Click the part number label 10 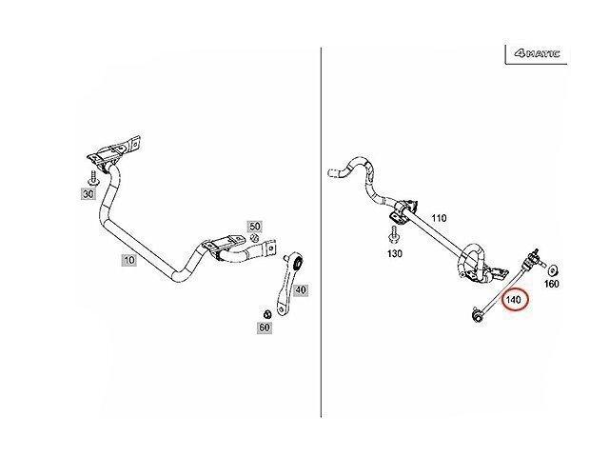pos(127,259)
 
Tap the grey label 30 pos(88,194)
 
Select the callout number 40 pos(302,289)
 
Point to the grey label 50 pos(254,226)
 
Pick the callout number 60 pos(264,328)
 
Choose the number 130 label pos(395,253)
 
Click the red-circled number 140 pos(514,301)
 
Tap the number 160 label pos(551,283)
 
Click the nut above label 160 pos(552,265)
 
